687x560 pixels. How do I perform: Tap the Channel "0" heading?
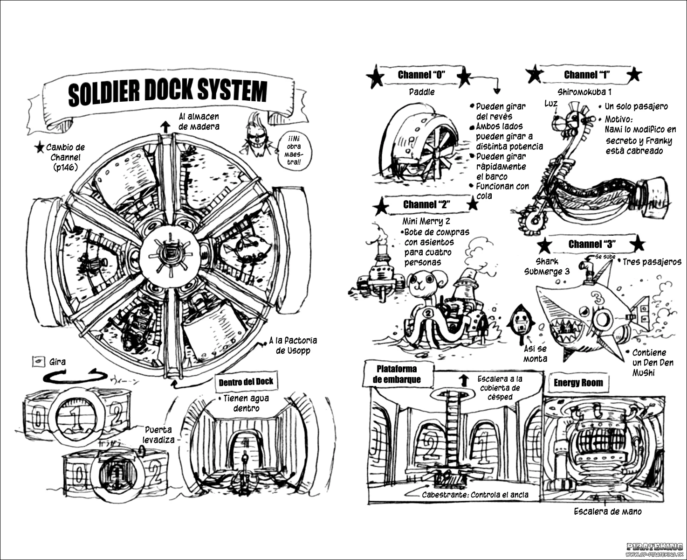click(x=421, y=75)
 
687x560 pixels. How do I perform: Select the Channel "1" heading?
click(x=587, y=75)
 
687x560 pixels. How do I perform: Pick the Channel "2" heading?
click(x=426, y=204)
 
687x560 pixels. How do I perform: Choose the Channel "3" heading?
click(x=591, y=244)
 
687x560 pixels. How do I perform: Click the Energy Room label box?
click(x=578, y=383)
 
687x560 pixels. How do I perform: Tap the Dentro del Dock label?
click(x=246, y=382)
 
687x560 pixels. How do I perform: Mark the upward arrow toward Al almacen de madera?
click(x=165, y=126)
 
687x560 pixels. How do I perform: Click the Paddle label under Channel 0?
click(x=422, y=92)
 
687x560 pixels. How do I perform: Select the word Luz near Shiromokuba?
click(x=551, y=104)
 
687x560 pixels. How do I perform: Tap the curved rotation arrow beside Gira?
click(x=75, y=375)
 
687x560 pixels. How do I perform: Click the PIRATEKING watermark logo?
click(x=654, y=546)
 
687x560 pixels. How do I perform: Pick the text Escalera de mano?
click(x=607, y=511)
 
